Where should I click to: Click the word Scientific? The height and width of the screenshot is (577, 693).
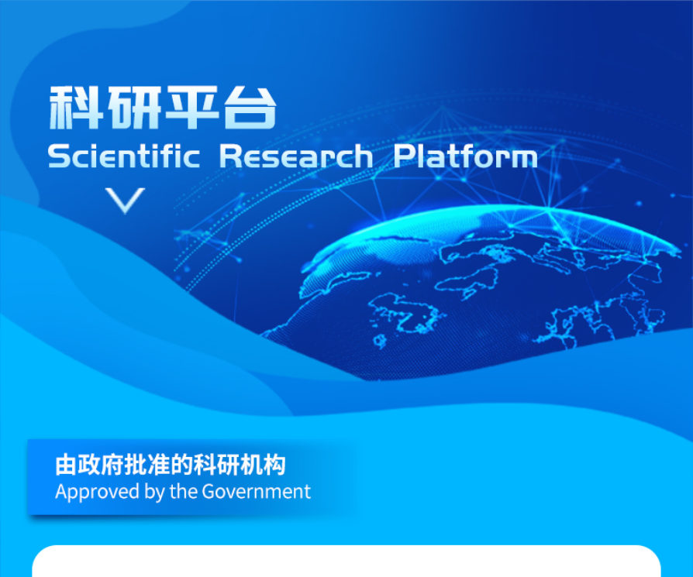coord(124,156)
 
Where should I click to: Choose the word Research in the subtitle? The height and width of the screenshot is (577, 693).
coord(296,156)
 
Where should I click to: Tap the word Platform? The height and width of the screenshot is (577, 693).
coord(465,156)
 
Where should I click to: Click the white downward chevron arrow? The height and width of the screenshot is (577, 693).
coord(125,201)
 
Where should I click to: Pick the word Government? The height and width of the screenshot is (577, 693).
coord(257,491)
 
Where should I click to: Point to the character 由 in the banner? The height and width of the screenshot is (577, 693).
coord(67,465)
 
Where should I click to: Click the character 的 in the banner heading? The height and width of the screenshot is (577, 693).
coord(182,465)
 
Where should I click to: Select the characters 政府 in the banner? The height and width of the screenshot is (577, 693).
coord(101,465)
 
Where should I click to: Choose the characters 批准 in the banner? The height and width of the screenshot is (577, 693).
coord(147,465)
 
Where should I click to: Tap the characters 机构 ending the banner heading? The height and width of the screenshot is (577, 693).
coord(264,465)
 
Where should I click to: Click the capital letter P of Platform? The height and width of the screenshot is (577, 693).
coord(404,156)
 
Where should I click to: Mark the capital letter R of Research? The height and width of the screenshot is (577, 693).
coord(231,156)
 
